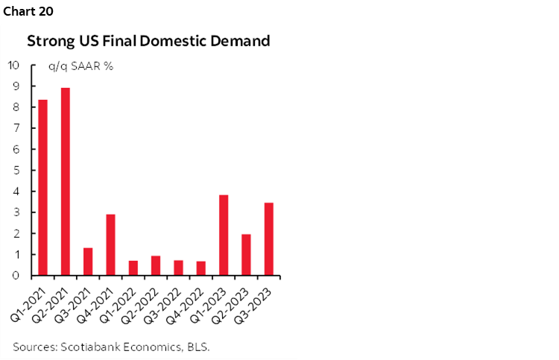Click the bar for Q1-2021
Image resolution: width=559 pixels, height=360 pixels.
(42, 188)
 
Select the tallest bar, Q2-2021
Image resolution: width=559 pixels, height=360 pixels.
(65, 182)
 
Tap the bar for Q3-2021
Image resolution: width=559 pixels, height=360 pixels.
(88, 262)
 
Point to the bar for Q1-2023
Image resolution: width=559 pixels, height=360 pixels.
(224, 235)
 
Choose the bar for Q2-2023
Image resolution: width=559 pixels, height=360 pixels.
(246, 255)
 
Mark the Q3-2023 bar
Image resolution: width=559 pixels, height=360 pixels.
(268, 239)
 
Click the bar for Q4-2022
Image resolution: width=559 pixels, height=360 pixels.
(200, 268)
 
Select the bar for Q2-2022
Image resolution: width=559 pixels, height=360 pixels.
(156, 265)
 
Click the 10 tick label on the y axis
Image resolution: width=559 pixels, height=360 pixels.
(13, 65)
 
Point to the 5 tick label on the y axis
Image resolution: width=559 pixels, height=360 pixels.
(16, 170)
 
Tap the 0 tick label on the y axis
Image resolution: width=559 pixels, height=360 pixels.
(16, 276)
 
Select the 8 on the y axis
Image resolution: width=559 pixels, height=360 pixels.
(16, 107)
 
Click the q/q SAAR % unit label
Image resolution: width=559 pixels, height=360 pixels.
(80, 66)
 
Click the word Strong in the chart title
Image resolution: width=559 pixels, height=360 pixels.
(48, 41)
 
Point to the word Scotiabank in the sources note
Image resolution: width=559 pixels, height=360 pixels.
(86, 345)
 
